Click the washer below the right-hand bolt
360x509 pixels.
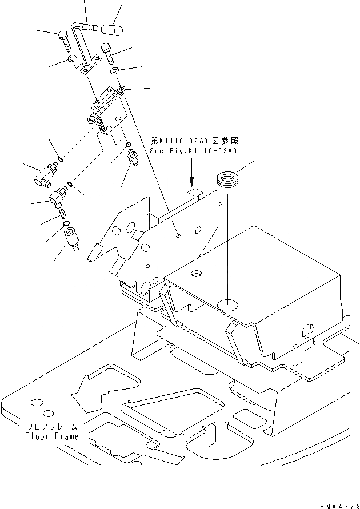click(114, 71)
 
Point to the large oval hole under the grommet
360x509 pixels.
click(227, 304)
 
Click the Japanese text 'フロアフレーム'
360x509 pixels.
click(51, 427)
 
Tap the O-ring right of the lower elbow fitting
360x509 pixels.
click(69, 184)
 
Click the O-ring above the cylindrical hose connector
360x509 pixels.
click(66, 222)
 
